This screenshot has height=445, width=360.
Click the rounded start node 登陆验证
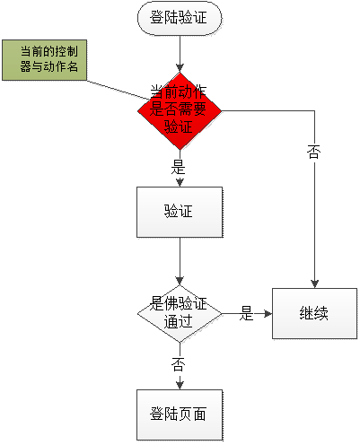[x=180, y=18]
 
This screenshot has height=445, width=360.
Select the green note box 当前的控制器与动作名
[x=45, y=60]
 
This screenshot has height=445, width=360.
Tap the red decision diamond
[x=180, y=111]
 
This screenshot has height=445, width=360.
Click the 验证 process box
[x=180, y=213]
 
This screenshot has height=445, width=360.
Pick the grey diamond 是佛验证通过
[x=180, y=314]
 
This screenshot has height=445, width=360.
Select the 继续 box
[x=314, y=313]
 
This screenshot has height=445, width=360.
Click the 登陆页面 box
[x=180, y=414]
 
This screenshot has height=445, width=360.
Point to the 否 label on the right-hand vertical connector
[x=314, y=152]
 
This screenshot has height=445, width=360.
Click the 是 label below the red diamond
[x=178, y=167]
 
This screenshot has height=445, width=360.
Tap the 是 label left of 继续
[x=246, y=313]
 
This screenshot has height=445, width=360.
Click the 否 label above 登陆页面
[x=178, y=364]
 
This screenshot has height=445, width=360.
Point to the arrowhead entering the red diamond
[x=180, y=68]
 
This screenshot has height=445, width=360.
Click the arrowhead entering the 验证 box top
[x=180, y=183]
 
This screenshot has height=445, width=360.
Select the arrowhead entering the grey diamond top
[x=180, y=281]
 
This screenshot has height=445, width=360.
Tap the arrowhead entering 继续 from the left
[x=268, y=314]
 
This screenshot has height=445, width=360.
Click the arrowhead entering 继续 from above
[x=314, y=284]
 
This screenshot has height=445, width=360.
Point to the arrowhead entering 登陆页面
[x=180, y=385]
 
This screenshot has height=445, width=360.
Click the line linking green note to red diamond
[x=119, y=90]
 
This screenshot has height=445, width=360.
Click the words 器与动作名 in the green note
[x=48, y=67]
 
